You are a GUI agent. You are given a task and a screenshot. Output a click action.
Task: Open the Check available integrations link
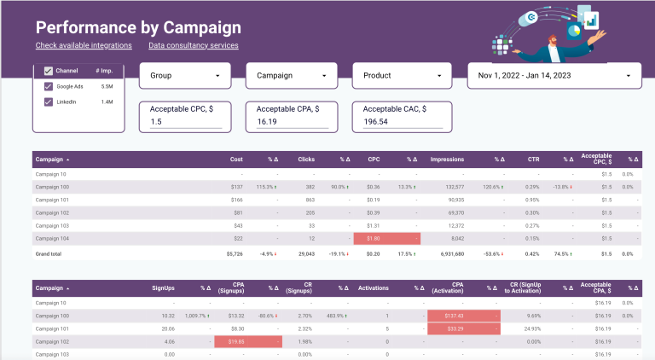[x=84, y=45]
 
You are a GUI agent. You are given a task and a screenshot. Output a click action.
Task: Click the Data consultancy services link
[x=193, y=45]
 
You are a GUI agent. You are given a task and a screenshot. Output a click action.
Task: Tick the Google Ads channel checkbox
[x=49, y=86]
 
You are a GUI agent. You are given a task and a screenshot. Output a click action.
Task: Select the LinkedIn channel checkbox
[x=49, y=102]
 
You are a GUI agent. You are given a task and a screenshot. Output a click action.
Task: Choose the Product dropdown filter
[x=401, y=76]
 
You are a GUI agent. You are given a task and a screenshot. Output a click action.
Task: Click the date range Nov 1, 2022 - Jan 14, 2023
[x=554, y=76]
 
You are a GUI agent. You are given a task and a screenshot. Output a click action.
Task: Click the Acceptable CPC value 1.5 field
[x=185, y=122]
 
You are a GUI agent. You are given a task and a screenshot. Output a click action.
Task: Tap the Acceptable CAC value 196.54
[x=398, y=122]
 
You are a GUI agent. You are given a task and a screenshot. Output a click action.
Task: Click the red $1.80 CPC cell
[x=386, y=240]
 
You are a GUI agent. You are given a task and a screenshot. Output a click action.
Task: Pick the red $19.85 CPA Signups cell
[x=247, y=341]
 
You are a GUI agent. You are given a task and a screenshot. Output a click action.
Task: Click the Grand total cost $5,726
[x=235, y=253]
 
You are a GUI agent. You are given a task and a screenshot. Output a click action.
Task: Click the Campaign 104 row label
[x=53, y=240]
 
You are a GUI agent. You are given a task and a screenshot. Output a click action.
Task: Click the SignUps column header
[x=162, y=287]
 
